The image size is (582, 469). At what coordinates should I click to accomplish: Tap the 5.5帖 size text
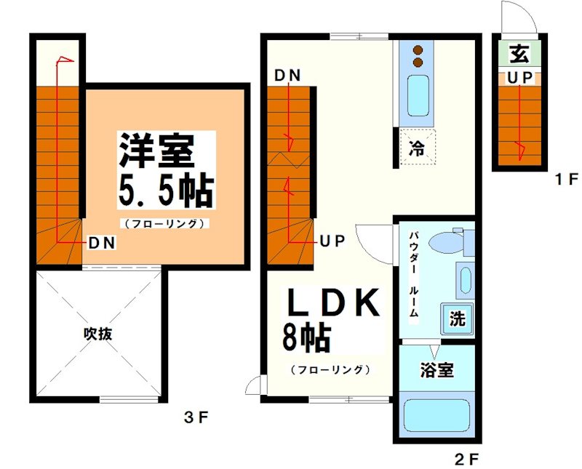click(x=165, y=191)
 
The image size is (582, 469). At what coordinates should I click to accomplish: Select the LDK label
click(x=332, y=303)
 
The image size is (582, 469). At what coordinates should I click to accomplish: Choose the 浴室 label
click(x=436, y=369)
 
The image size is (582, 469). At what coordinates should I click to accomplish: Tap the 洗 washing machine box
click(x=457, y=318)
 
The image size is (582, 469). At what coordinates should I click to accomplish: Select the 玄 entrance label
click(x=518, y=52)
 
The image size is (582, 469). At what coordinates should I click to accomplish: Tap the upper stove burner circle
click(x=419, y=49)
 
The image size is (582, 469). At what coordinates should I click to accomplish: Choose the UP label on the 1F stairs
click(x=518, y=76)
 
